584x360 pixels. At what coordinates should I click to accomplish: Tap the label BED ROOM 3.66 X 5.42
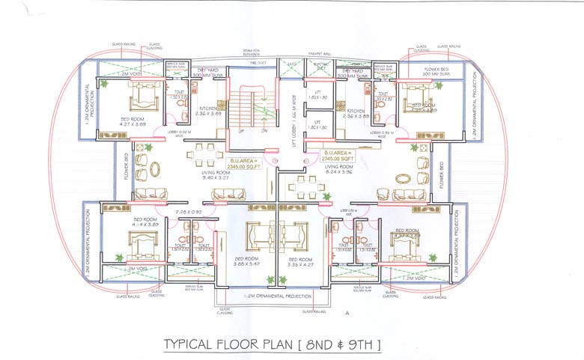coord(246,262)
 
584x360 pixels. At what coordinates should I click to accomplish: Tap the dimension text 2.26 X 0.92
coord(186,212)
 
